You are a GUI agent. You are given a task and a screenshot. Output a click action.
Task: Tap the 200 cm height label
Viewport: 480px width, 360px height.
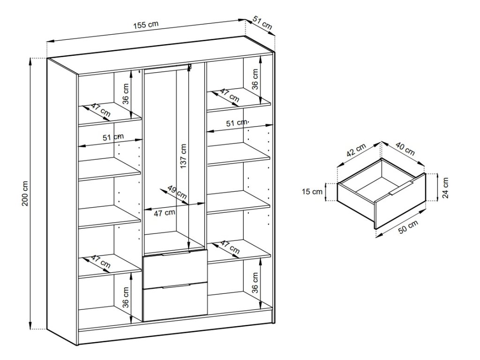pyautogui.click(x=26, y=193)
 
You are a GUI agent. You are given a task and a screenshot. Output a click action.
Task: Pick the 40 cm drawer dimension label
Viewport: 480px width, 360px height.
pyautogui.click(x=405, y=149)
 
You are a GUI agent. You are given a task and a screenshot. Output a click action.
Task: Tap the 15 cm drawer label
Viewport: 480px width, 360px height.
pyautogui.click(x=312, y=191)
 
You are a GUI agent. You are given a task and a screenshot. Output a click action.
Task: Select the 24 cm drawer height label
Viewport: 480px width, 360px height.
pyautogui.click(x=445, y=187)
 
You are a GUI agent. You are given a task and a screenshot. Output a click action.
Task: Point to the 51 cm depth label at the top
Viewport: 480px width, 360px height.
pyautogui.click(x=262, y=23)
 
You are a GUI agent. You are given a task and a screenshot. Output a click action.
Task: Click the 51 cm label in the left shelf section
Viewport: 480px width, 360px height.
pyautogui.click(x=113, y=137)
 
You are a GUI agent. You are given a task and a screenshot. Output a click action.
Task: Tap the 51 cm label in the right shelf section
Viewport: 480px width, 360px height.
pyautogui.click(x=237, y=123)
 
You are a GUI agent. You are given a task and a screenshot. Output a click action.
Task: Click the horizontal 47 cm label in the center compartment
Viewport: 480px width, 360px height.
pyautogui.click(x=165, y=212)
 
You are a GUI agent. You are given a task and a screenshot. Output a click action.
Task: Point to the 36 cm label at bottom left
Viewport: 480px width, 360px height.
pyautogui.click(x=126, y=298)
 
